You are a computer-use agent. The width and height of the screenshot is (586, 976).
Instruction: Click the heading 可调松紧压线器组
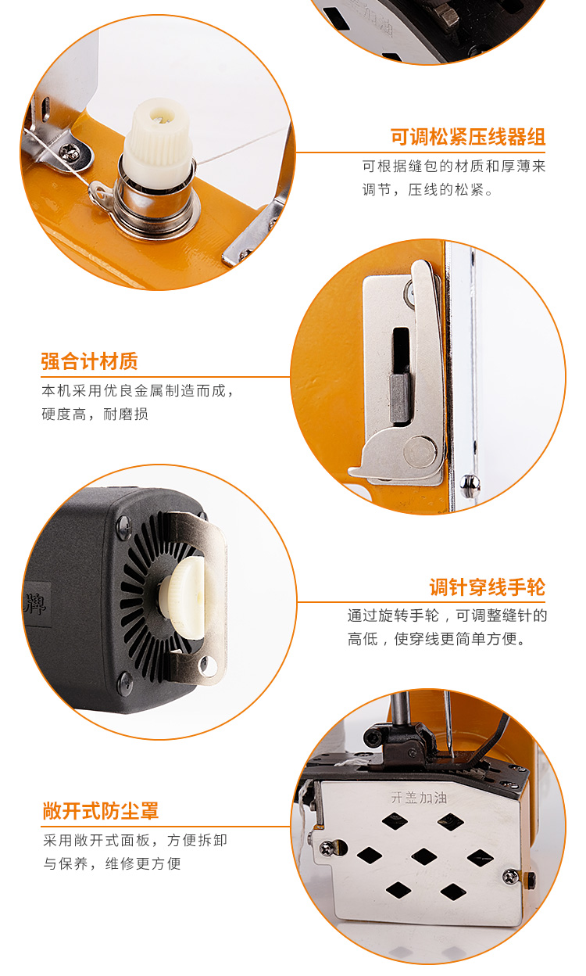click(467, 137)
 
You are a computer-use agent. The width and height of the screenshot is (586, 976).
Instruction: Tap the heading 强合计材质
click(89, 361)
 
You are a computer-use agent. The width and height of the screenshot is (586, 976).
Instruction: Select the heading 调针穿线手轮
click(487, 587)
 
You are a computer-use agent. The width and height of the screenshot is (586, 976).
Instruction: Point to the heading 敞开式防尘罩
click(101, 811)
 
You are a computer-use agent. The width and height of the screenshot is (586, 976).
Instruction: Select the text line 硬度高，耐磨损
click(95, 414)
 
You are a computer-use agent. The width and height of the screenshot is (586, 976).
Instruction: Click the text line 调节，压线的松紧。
click(427, 190)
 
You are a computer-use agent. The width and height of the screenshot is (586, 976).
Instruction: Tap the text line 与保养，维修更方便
click(112, 863)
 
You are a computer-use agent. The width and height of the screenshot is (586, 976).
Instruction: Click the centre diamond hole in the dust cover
click(423, 856)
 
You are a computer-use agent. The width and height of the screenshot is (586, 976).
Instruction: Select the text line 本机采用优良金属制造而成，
click(138, 390)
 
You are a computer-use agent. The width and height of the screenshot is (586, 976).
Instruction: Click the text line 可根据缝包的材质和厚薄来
click(453, 167)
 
